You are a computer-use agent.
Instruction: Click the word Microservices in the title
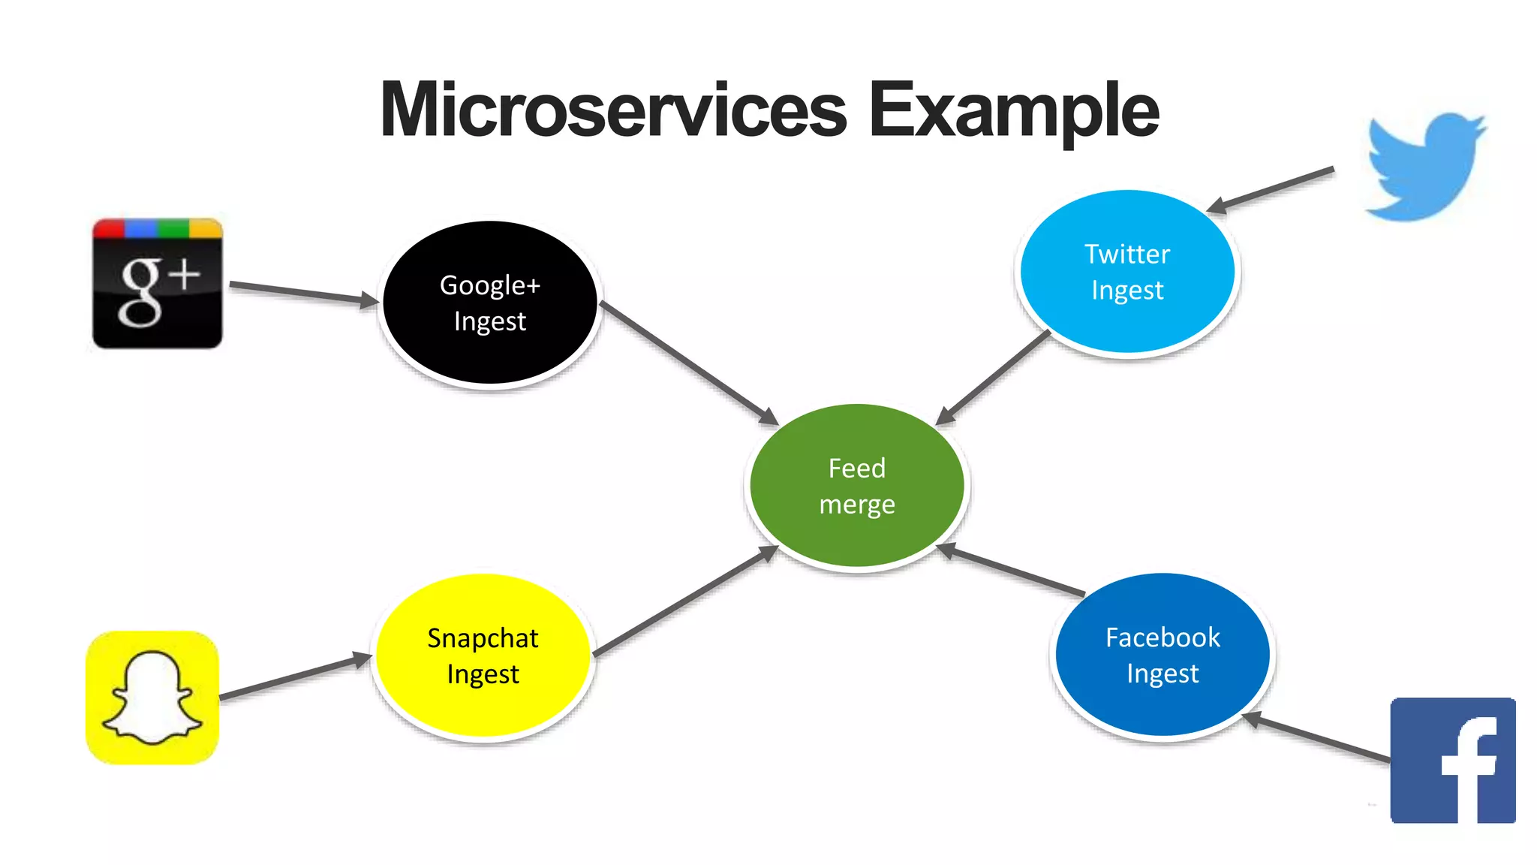(x=614, y=110)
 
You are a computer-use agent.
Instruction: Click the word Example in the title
(x=1013, y=110)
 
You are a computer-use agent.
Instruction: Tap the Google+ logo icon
(x=157, y=284)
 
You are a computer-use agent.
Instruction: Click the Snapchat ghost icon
(x=152, y=698)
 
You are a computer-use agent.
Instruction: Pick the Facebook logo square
(x=1453, y=760)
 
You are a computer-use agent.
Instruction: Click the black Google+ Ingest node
(x=490, y=303)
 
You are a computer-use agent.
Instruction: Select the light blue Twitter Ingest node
(x=1127, y=272)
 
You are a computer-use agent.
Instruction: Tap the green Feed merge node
(x=857, y=486)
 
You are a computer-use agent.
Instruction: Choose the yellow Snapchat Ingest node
(x=483, y=656)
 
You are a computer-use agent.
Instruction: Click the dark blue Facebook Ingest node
(x=1163, y=655)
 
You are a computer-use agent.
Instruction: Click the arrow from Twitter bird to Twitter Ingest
(x=1272, y=189)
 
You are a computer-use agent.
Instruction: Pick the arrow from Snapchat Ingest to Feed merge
(x=684, y=601)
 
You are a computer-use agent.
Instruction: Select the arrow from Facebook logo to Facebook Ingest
(x=1317, y=739)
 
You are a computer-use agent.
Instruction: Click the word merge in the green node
(x=857, y=505)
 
